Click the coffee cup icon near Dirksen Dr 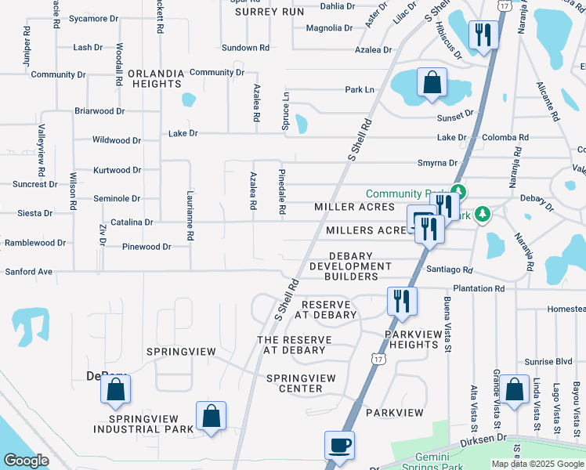(x=339, y=445)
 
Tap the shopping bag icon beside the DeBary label (x=115, y=389)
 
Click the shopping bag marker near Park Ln (x=432, y=81)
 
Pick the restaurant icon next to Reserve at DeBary (x=402, y=301)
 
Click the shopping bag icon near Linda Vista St (x=515, y=389)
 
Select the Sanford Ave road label (x=28, y=272)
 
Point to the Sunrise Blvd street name (x=552, y=362)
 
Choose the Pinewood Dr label (x=146, y=247)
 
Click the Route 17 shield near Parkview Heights (x=378, y=359)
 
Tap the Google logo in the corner (x=26, y=461)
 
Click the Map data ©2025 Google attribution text (x=537, y=464)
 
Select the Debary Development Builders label (x=349, y=266)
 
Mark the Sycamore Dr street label (x=93, y=18)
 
